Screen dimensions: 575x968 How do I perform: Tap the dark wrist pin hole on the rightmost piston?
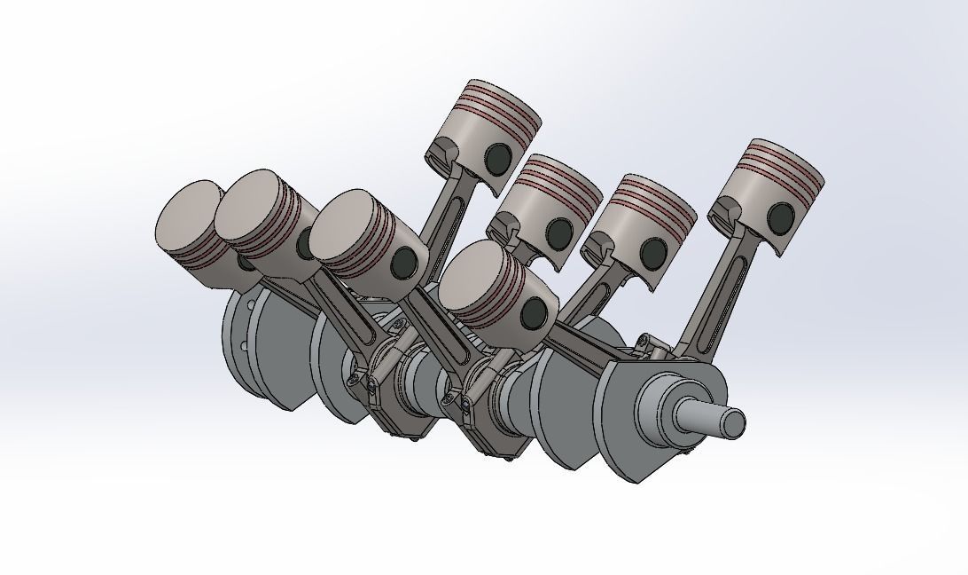coord(781,216)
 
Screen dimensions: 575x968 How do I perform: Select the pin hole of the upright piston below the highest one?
coord(558,232)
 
